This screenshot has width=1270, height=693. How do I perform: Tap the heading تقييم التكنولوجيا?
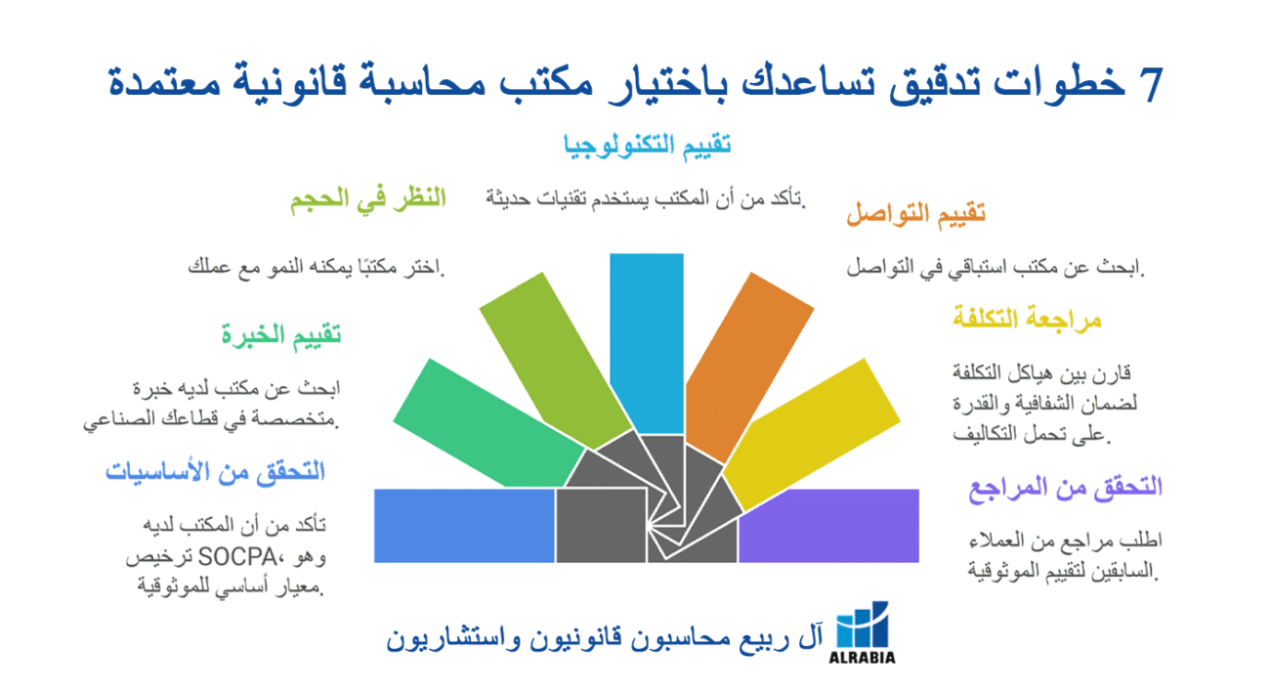647,146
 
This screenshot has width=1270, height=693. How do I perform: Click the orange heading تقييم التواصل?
914,214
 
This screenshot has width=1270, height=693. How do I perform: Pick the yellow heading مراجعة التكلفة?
1027,319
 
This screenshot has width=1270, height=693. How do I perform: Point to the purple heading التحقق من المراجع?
1065,487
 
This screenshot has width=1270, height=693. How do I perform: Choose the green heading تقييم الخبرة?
280,336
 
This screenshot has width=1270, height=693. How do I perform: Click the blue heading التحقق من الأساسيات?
215,472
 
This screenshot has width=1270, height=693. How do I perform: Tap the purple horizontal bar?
828,526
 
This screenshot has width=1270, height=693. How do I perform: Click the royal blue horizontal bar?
464,526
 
